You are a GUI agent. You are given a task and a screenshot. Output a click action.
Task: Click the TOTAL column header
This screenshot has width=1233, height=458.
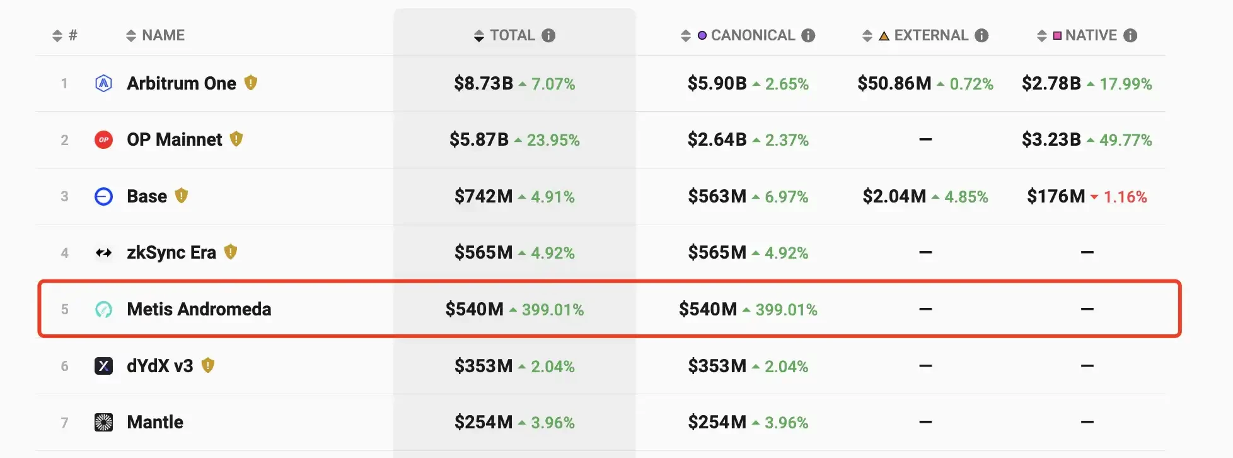pos(512,35)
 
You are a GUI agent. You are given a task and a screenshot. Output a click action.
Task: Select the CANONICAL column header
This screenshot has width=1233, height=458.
pos(753,35)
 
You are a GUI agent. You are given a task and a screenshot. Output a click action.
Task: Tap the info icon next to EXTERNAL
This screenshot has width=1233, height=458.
pos(981,35)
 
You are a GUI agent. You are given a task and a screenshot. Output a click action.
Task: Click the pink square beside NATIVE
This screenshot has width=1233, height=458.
pos(1057,36)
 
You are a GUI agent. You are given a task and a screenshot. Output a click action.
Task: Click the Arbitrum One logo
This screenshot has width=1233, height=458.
pos(103,83)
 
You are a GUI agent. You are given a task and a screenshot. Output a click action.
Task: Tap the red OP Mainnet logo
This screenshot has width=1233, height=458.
pos(103,139)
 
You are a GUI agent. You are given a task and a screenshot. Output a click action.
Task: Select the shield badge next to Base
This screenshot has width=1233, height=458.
pos(182,196)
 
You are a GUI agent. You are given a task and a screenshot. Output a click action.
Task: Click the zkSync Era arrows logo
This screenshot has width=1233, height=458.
pos(103,253)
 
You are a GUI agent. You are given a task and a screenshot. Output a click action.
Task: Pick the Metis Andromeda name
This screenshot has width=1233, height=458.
pos(199,309)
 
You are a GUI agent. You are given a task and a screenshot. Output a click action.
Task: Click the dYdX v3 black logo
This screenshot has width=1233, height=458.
pos(103,366)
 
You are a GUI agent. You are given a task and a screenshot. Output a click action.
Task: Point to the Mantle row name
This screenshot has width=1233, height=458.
pos(155,422)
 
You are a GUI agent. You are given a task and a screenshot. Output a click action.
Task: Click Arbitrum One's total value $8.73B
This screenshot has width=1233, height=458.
pos(483,83)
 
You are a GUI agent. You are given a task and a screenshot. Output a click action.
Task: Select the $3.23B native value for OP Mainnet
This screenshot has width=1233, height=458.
pos(1051,139)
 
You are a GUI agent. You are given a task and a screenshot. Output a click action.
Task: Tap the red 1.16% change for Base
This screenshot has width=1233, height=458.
pos(1125,197)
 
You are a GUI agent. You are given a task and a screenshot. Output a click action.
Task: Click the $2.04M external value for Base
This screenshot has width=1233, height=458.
pos(894,196)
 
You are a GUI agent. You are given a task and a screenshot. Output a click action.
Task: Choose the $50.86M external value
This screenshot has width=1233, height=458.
pos(894,83)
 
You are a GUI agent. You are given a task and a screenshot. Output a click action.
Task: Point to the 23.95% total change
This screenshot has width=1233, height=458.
pos(553,140)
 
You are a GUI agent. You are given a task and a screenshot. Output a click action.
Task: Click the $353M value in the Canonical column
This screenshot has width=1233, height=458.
pos(717,366)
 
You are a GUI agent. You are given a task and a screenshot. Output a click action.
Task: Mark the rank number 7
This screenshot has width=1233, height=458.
pos(64,423)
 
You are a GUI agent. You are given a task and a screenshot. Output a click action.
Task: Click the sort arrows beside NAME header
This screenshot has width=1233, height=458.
pos(131,36)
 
